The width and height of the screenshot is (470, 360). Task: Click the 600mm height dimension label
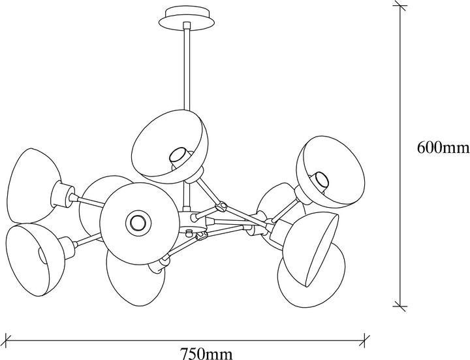443,148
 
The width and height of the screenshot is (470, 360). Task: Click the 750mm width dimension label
206,353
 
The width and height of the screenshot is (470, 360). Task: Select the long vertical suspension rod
187,69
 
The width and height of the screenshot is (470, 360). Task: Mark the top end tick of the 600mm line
400,5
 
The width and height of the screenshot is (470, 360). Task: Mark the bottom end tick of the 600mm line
400,306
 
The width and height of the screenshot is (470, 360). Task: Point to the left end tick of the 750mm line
7,340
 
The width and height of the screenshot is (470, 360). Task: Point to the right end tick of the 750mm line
364,340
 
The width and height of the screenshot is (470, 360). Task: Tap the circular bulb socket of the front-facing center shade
138,223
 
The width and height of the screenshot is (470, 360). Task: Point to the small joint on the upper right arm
222,206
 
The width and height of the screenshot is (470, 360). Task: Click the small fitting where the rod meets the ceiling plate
187,25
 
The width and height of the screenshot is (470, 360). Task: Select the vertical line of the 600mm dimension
400,155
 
